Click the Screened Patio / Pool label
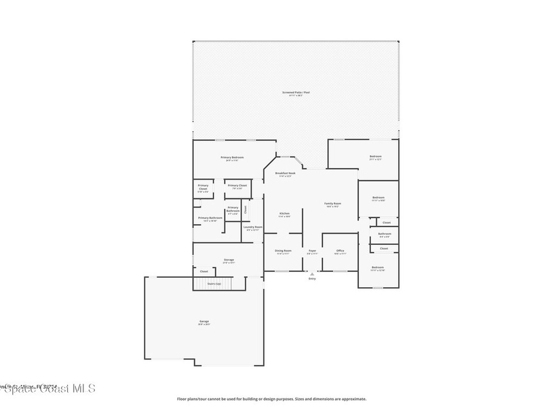(295, 92)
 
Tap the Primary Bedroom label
(232, 157)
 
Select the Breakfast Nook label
(285, 173)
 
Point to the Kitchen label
(284, 214)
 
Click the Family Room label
(332, 203)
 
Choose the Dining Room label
(283, 251)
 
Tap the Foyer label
(312, 251)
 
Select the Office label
(340, 251)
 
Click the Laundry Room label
(252, 227)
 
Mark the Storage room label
(229, 260)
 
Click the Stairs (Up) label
(214, 284)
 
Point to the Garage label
(204, 321)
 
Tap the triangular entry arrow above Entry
(312, 274)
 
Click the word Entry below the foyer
(312, 279)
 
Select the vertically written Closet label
(246, 209)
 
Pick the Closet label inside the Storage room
(204, 271)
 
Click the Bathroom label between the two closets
(384, 234)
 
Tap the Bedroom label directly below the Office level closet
(377, 267)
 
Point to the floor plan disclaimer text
(271, 399)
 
